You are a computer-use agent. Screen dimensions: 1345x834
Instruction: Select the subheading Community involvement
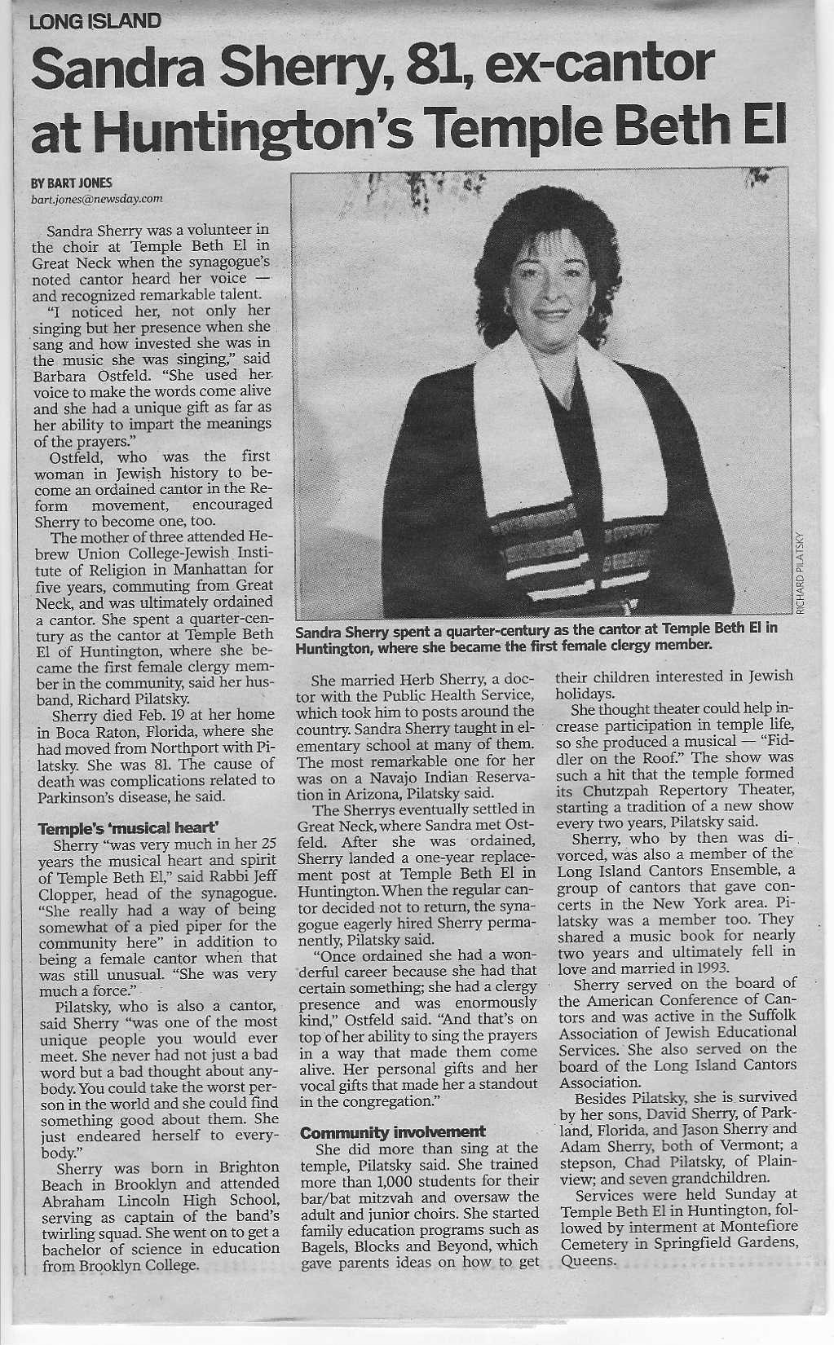(x=393, y=1131)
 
